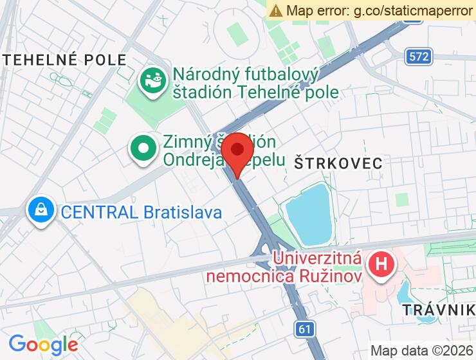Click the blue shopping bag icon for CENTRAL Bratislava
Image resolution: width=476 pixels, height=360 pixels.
pos(41,211)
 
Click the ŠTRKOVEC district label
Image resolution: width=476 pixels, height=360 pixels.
pos(338,163)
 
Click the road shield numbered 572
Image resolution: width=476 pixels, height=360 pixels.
pos(418,57)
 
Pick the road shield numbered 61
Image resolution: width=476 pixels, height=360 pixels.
pos(306,329)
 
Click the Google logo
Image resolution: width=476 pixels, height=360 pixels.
pos(43,344)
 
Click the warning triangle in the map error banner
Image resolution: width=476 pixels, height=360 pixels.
pos(276,10)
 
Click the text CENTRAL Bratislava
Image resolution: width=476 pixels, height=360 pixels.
pos(141,212)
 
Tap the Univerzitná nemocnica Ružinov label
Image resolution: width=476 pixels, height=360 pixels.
pos(283,268)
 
